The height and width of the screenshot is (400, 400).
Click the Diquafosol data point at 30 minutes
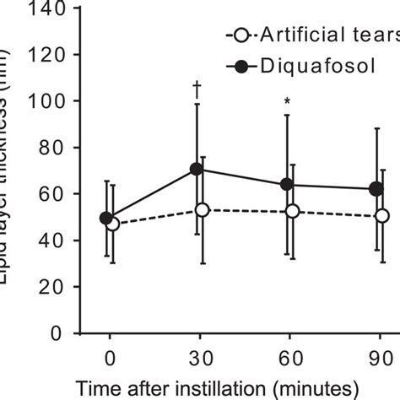pyautogui.click(x=197, y=169)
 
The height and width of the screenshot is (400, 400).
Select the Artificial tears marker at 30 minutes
pyautogui.click(x=202, y=209)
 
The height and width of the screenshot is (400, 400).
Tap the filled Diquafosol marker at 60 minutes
pyautogui.click(x=287, y=184)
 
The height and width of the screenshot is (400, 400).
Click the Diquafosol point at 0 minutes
pyautogui.click(x=106, y=219)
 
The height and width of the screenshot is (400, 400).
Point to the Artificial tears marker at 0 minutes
pyautogui.click(x=112, y=224)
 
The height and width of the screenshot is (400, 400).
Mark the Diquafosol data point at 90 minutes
pyautogui.click(x=376, y=189)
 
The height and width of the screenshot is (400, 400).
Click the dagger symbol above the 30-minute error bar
pyautogui.click(x=197, y=87)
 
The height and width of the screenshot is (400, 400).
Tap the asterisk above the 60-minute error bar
pyautogui.click(x=287, y=103)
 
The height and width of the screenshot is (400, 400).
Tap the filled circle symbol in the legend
pyautogui.click(x=241, y=65)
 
